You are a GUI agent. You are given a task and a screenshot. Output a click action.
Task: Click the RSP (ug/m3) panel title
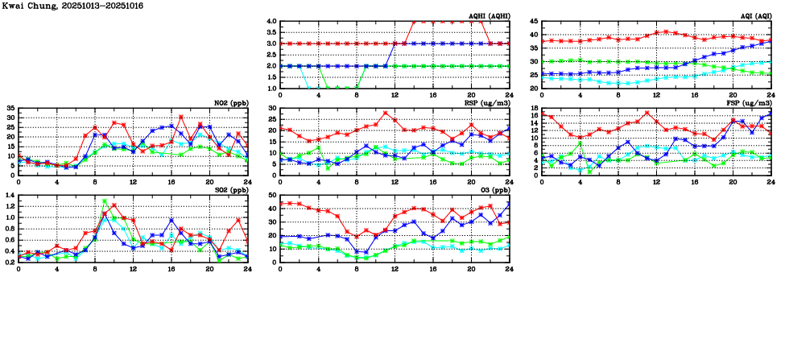coord(486,102)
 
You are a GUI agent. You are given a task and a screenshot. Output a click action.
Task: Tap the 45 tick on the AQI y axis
coord(534,22)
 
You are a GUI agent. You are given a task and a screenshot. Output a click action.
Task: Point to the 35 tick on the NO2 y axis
coord(10,108)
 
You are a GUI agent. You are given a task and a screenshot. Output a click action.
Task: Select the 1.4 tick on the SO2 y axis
coord(9,195)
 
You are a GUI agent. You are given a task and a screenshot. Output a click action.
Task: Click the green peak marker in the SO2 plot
coord(105,201)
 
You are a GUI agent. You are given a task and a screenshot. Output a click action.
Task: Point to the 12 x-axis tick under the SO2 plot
coord(133,267)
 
